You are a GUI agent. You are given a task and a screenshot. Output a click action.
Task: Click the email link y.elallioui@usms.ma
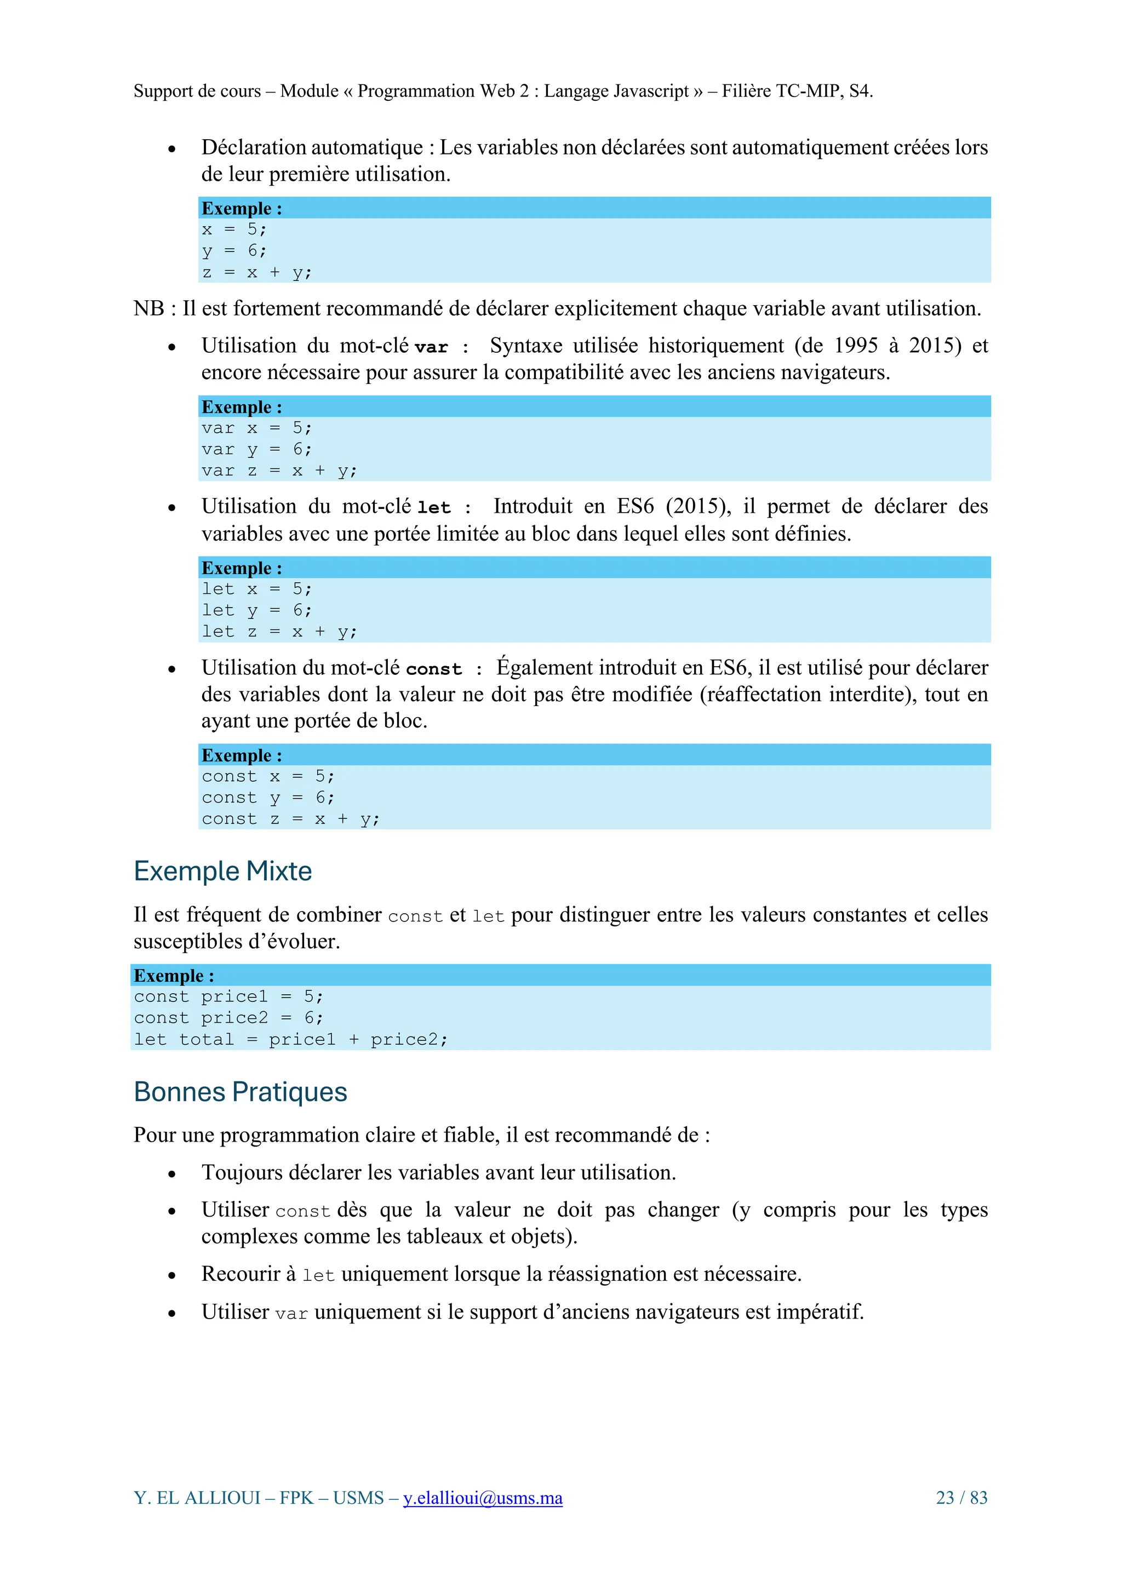[483, 1497]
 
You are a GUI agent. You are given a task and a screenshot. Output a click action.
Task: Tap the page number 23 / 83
[961, 1497]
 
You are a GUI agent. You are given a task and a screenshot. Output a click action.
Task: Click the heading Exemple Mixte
[222, 871]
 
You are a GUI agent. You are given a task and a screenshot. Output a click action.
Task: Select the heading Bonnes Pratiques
[240, 1092]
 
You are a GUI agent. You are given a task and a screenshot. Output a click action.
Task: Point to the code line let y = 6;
[256, 610]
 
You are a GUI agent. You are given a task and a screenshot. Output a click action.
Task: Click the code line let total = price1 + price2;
[290, 1040]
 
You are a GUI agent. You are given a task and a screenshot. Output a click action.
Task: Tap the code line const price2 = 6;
[228, 1018]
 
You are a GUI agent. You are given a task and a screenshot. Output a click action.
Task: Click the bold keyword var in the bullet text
[431, 347]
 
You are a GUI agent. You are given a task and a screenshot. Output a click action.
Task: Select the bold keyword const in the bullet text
[433, 669]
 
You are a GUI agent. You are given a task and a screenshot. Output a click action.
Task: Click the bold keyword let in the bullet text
[433, 508]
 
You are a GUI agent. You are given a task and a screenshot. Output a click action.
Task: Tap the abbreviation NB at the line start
[148, 308]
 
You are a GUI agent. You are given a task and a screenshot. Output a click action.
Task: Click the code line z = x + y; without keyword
[256, 272]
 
